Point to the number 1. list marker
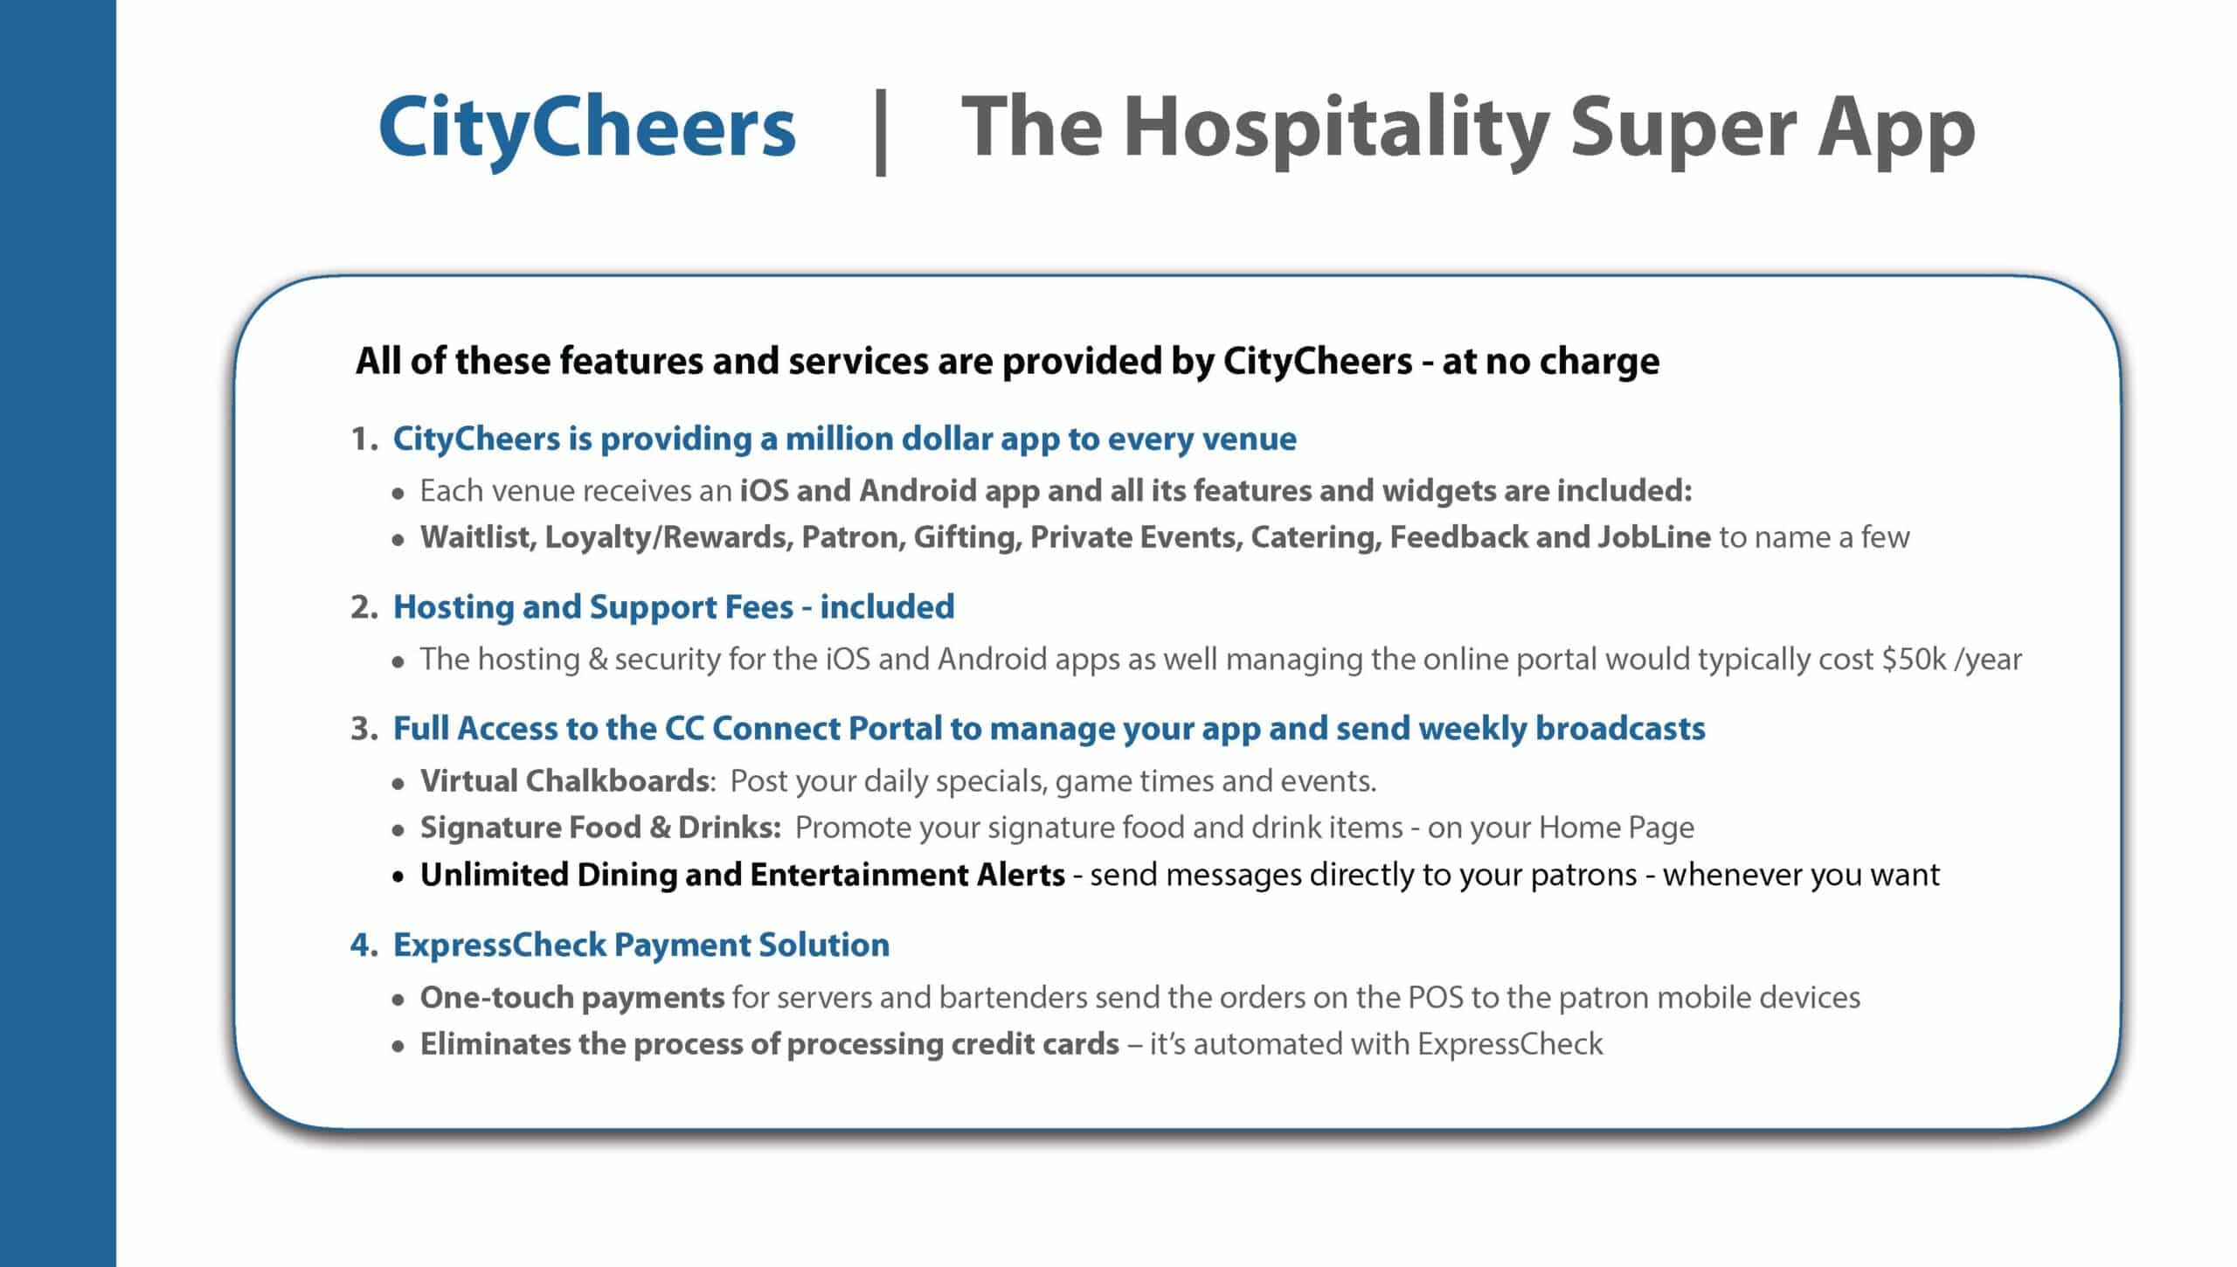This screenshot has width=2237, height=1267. (x=364, y=439)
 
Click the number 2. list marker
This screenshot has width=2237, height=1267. (x=364, y=607)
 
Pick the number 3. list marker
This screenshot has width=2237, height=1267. (x=364, y=729)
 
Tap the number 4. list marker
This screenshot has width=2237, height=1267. (x=364, y=945)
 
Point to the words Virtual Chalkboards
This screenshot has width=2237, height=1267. (x=564, y=780)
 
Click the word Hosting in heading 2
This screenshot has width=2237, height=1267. (x=454, y=608)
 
